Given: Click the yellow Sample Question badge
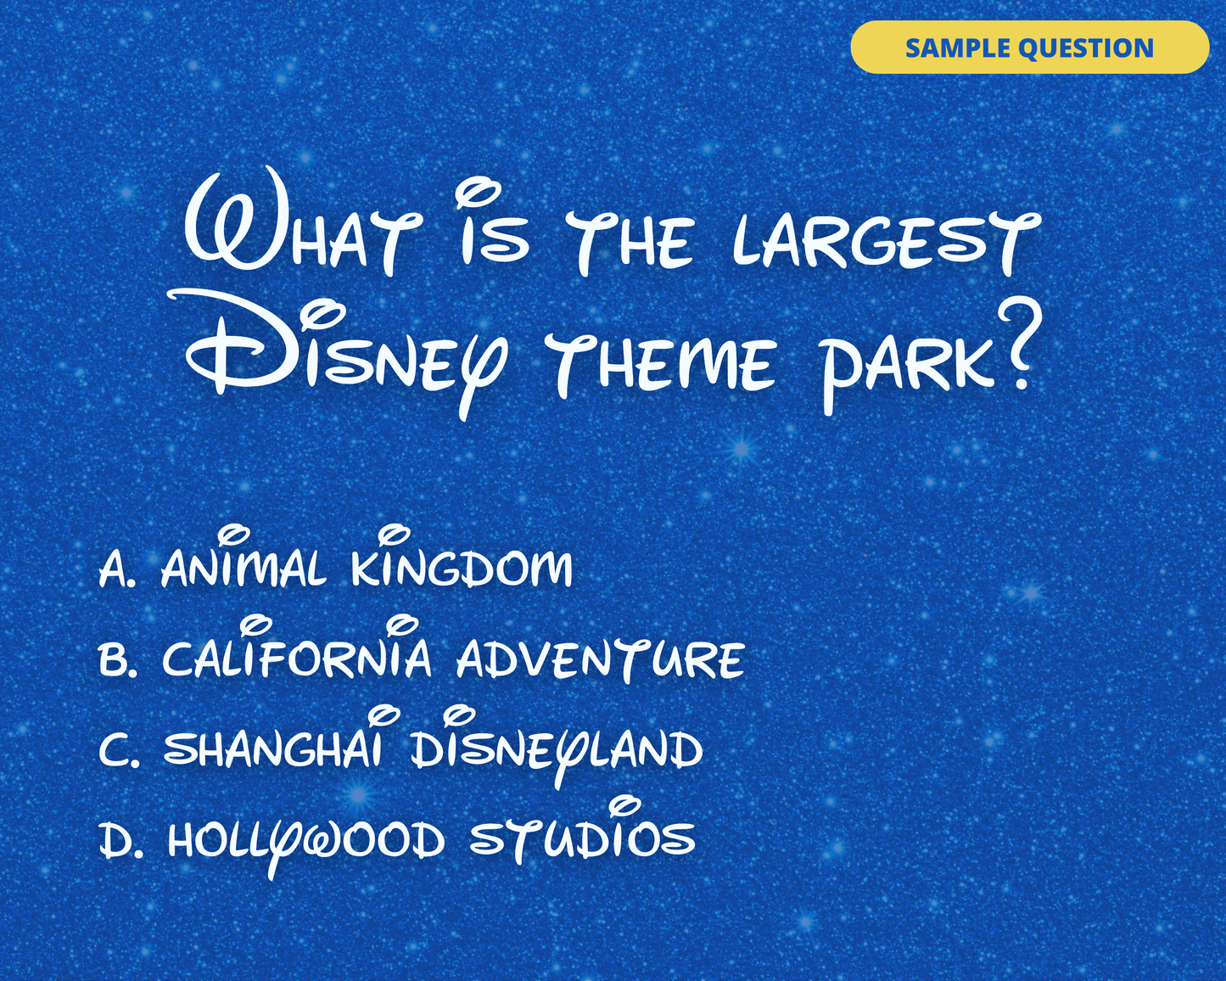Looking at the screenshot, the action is coord(1029,48).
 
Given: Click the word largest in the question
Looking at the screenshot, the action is coord(887,243).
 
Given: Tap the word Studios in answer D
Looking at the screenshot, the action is coord(582,832).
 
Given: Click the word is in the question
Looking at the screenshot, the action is coord(492,224).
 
